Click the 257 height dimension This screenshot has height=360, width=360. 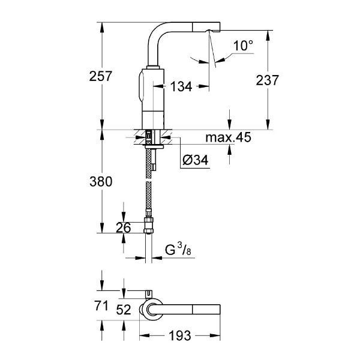click(100, 76)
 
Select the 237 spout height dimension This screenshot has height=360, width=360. click(267, 80)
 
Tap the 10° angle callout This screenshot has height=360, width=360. click(243, 46)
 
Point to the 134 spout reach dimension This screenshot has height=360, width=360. click(181, 86)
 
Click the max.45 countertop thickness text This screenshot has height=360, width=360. click(228, 137)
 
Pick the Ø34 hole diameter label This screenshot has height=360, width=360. click(196, 160)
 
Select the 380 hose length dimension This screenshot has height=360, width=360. click(101, 181)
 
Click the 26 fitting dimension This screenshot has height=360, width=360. click(123, 227)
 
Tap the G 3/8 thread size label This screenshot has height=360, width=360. click(178, 250)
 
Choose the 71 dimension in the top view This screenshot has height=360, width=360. click(101, 306)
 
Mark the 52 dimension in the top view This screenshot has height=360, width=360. click(124, 310)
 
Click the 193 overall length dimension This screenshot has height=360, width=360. click(180, 335)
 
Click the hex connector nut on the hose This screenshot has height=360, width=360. click(149, 225)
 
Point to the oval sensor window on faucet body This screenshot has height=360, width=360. click(141, 86)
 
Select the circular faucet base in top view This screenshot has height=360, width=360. click(152, 309)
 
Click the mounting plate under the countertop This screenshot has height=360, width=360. click(154, 146)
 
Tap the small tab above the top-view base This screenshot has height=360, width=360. click(149, 294)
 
